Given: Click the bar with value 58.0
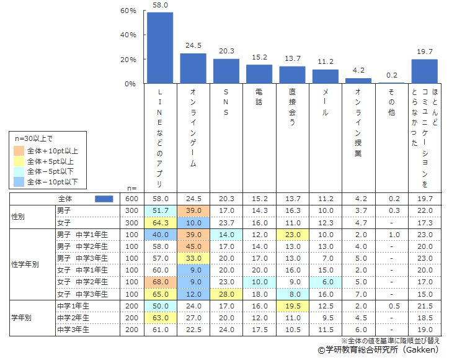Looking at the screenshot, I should click(159, 48).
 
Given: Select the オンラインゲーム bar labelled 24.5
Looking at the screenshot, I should click(193, 68).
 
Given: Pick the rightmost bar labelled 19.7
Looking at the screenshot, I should click(425, 71).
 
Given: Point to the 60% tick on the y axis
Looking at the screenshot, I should click(128, 11).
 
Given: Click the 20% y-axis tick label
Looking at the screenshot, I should click(128, 60).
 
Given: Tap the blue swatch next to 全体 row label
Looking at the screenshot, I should click(104, 199).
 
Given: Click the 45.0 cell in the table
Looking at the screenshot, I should click(193, 246).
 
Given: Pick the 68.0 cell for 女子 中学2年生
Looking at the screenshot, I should click(159, 281).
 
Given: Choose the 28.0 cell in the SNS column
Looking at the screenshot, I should click(226, 293).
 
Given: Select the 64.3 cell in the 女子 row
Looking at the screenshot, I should click(159, 223).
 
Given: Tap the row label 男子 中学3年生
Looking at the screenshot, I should click(82, 258).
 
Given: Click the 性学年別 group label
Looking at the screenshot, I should click(25, 264).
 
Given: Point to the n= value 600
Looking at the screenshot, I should click(131, 199).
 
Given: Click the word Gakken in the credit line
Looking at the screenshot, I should click(426, 350).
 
